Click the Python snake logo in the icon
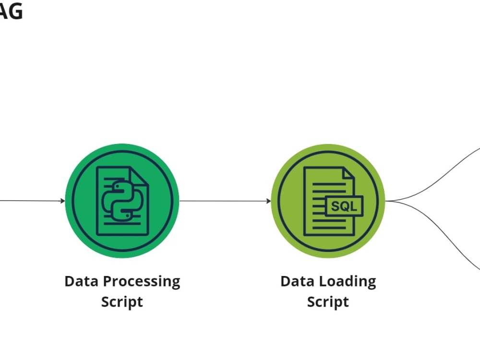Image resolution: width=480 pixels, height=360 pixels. tap(122, 201)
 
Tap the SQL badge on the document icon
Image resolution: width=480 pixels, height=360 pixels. tap(344, 206)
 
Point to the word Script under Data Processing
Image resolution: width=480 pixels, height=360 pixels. tap(122, 302)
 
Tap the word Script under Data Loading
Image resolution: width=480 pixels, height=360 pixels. tap(328, 302)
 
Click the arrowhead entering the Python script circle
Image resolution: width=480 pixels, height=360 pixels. tap(62, 201)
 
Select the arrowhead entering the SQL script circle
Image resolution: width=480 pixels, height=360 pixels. tap(268, 201)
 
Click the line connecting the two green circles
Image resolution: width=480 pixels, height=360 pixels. tap(223, 201)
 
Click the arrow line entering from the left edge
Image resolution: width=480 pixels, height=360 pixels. tap(29, 201)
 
